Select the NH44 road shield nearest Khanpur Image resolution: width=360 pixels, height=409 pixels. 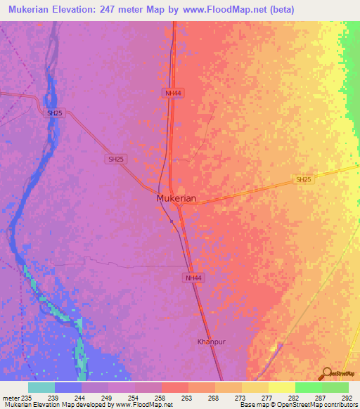pos(195,279)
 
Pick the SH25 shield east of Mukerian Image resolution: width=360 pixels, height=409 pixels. pos(303,180)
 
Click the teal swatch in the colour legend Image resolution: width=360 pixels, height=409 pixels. pos(41,387)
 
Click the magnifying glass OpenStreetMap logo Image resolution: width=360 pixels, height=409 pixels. pos(327,373)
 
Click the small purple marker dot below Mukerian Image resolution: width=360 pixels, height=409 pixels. pos(172,220)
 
